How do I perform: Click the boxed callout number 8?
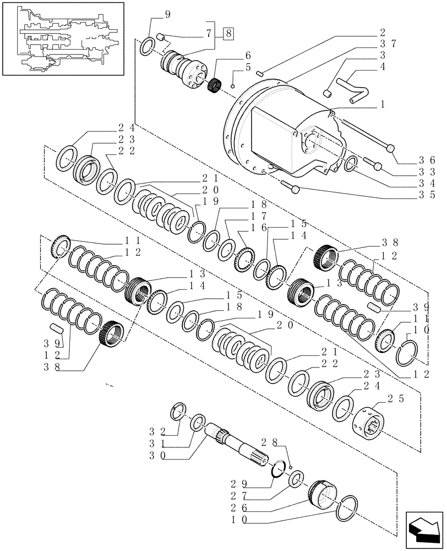229,34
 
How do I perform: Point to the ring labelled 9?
148,46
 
